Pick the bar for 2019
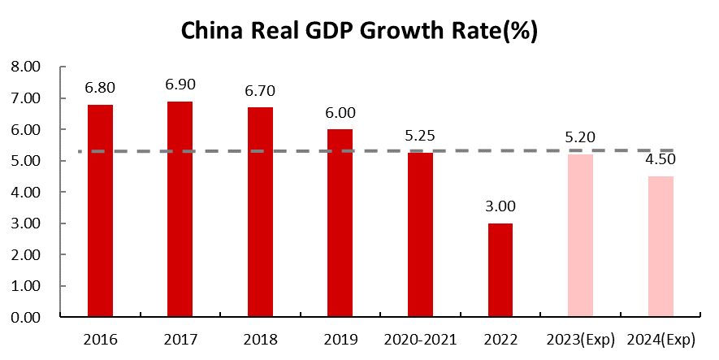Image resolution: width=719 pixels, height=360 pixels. (x=340, y=223)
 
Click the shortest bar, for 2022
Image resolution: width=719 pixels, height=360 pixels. (x=500, y=270)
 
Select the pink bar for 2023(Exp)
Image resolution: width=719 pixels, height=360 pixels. (x=580, y=236)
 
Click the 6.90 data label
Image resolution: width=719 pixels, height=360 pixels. (x=180, y=85)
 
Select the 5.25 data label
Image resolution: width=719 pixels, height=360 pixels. (x=421, y=136)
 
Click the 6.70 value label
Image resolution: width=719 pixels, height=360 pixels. (x=261, y=90)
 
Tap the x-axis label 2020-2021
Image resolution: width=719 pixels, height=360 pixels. (x=421, y=339)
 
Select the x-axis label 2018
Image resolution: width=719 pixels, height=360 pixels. (x=261, y=339)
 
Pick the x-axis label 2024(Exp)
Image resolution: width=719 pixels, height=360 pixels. (x=661, y=339)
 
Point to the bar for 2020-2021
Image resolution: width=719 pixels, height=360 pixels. (x=421, y=236)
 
